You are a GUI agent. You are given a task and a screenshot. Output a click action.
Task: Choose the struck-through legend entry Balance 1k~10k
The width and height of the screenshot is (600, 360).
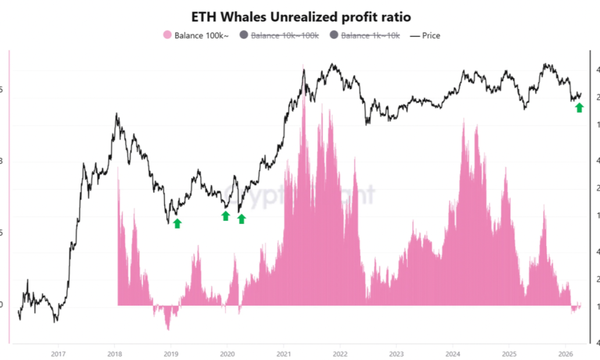[x=370, y=35]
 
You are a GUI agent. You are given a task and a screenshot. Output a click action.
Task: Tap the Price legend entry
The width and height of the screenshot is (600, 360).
[x=431, y=35]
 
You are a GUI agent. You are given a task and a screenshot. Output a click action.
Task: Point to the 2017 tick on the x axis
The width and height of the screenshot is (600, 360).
[x=58, y=353]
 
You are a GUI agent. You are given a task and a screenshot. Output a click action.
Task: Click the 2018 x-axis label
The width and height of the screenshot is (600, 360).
[x=115, y=353]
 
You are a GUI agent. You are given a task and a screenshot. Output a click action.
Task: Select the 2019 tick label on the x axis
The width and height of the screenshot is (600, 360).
[x=171, y=353]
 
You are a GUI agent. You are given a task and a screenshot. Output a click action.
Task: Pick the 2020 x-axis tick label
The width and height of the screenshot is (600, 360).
[x=227, y=353]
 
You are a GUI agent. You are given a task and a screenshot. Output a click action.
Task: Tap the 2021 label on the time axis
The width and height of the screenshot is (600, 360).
[x=284, y=353]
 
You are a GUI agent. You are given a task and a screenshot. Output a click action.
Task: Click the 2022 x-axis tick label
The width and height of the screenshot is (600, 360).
[x=340, y=353]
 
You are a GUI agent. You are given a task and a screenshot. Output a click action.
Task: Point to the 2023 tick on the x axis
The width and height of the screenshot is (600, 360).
[x=397, y=353]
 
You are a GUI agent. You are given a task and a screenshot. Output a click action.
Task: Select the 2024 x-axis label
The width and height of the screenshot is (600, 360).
[x=453, y=353]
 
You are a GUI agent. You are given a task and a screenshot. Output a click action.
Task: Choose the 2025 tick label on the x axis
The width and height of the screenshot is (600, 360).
[x=509, y=353]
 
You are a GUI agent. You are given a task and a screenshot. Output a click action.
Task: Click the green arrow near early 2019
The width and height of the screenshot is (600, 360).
[x=177, y=223]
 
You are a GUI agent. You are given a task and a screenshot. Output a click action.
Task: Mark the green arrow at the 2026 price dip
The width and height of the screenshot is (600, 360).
[x=579, y=107]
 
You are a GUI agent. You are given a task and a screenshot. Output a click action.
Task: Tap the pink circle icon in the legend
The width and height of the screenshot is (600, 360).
[x=167, y=35]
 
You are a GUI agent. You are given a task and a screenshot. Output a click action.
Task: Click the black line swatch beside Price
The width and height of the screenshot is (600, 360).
[x=414, y=35]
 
